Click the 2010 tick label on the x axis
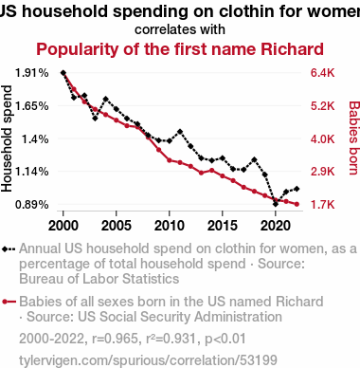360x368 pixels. [x=170, y=226]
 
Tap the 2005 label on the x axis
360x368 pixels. [x=117, y=226]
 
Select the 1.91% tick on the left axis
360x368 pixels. [x=32, y=73]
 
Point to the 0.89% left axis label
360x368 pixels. [x=32, y=204]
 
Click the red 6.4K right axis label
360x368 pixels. [x=322, y=73]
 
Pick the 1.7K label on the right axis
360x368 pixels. [x=322, y=204]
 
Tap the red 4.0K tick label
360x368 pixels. [x=322, y=138]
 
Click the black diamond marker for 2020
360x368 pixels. [x=276, y=204]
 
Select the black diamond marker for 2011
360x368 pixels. [x=180, y=132]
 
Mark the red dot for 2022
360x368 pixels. [x=297, y=204]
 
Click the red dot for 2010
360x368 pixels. [x=170, y=160]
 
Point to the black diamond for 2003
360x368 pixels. [x=95, y=119]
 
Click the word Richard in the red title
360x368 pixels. [x=292, y=49]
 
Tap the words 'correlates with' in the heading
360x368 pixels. [x=180, y=29]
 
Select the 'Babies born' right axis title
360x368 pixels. [x=354, y=138]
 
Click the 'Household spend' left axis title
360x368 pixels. [x=7, y=138]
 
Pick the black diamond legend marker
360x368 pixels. [x=9, y=249]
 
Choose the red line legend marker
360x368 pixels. [x=9, y=302]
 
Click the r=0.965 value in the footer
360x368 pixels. [x=115, y=339]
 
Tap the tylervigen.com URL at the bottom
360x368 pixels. [x=148, y=360]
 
